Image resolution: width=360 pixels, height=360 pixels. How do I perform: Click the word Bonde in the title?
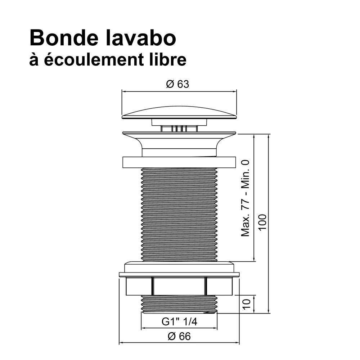64,38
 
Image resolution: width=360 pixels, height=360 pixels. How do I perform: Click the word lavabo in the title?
141,38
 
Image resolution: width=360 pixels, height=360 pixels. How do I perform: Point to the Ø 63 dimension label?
177,84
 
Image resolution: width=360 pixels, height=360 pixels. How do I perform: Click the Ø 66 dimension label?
179,336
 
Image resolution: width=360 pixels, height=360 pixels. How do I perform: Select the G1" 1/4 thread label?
179,321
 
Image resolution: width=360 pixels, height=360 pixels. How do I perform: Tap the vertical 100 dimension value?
262,222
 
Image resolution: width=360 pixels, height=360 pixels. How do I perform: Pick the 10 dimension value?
246,304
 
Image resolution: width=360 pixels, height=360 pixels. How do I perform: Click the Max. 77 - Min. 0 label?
245,198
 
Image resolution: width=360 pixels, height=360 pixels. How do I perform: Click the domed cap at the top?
179,112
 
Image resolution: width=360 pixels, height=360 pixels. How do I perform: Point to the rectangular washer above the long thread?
179,162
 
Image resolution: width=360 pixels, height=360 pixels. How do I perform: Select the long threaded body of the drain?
179,215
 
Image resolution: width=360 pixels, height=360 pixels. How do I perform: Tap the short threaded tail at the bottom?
179,304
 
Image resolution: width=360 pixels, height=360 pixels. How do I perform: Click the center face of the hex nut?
179,286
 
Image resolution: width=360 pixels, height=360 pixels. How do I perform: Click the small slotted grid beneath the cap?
179,129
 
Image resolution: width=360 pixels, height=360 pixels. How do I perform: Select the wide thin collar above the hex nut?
179,275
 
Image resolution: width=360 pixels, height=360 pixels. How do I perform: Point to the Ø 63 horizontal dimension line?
179,91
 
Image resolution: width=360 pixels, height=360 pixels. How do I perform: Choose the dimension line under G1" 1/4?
179,328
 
